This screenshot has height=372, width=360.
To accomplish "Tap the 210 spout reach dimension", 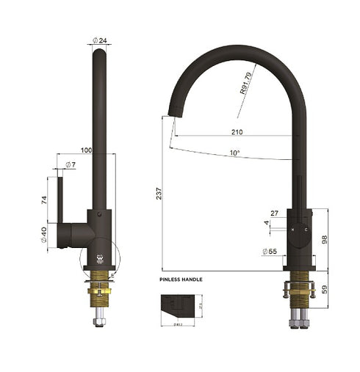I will click(x=237, y=132).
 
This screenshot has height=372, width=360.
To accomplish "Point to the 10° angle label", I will click(x=235, y=153).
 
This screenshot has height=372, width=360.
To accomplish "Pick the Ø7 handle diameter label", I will click(x=70, y=164).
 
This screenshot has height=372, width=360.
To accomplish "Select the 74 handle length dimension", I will click(x=45, y=200).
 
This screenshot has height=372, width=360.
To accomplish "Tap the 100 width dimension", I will click(x=86, y=150).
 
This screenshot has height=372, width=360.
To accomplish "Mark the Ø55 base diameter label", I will click(x=269, y=252).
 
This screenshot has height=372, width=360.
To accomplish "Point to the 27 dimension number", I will click(x=275, y=214).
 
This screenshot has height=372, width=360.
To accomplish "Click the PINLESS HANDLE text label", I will click(x=181, y=280).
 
